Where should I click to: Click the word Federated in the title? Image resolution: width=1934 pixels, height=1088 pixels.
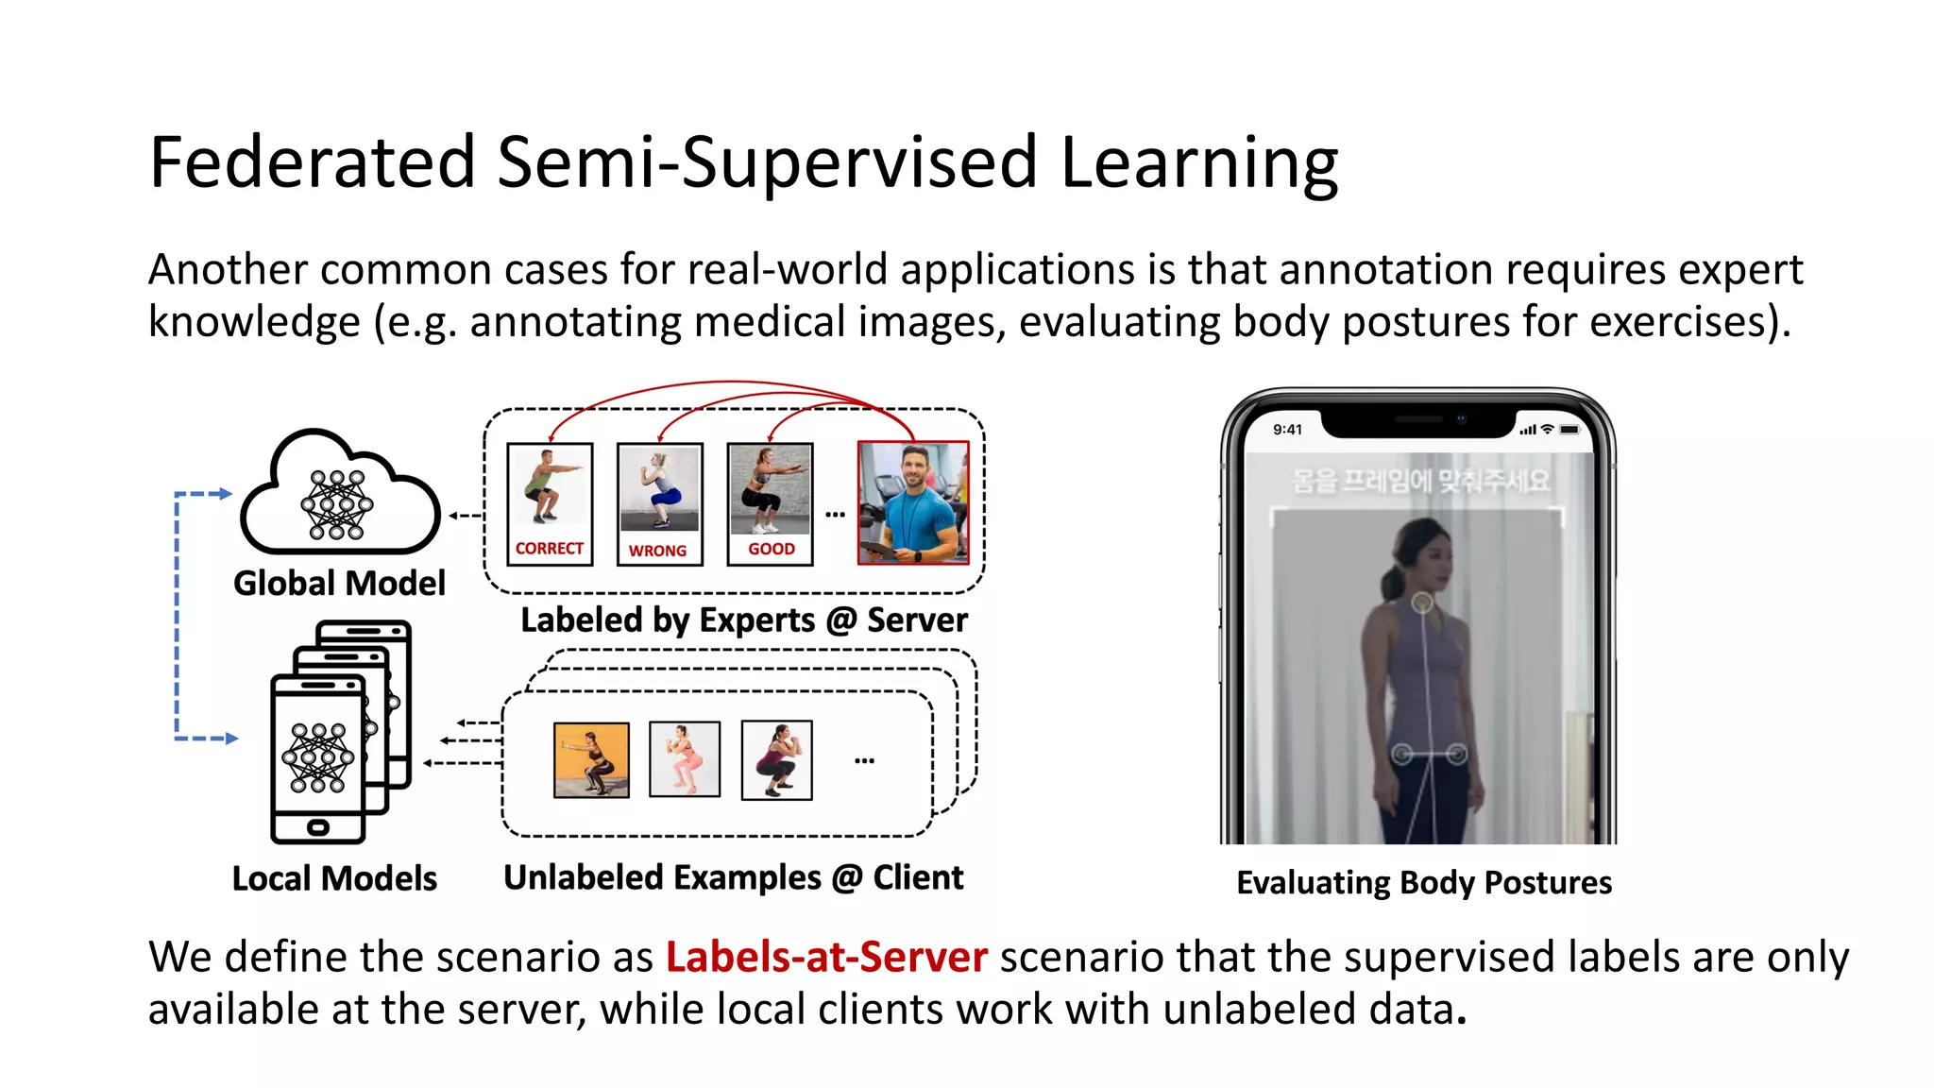click(312, 162)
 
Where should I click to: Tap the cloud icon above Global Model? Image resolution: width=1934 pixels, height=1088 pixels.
click(340, 496)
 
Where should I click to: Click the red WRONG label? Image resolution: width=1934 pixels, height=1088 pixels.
click(658, 551)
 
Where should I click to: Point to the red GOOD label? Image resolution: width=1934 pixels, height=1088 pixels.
click(772, 549)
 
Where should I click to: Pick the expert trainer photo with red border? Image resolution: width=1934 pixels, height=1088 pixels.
click(913, 502)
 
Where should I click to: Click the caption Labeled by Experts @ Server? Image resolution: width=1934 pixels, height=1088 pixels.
click(744, 620)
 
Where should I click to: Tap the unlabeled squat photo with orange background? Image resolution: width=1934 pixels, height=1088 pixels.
click(591, 759)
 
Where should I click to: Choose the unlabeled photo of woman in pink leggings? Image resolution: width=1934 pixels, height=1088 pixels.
click(685, 758)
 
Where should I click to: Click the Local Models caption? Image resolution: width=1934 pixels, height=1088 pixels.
click(334, 879)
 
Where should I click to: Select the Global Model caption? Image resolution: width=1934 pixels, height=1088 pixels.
click(339, 584)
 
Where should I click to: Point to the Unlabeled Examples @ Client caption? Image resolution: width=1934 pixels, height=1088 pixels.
click(734, 878)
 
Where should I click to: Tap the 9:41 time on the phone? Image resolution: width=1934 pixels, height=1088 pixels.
click(1287, 430)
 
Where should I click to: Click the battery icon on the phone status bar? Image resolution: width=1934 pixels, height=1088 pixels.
click(1569, 430)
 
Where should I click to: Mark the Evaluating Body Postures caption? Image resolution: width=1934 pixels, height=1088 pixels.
click(1424, 883)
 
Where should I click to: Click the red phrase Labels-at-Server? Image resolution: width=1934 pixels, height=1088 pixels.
click(826, 958)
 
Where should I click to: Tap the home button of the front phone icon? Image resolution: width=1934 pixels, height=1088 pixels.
click(318, 828)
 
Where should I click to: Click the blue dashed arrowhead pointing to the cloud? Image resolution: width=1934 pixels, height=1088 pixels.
click(225, 494)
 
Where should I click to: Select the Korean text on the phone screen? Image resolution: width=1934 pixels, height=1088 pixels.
click(1421, 482)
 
